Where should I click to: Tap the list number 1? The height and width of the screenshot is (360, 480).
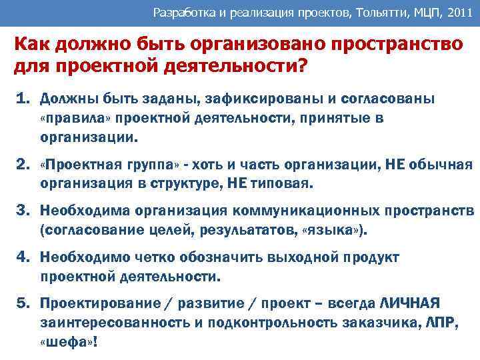tap(21, 99)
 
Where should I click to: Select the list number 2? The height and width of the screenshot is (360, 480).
tap(21, 165)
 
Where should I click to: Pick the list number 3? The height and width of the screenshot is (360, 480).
tap(21, 211)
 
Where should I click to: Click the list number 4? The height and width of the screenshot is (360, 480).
tap(21, 257)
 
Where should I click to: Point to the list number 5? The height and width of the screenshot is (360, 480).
tap(21, 303)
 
